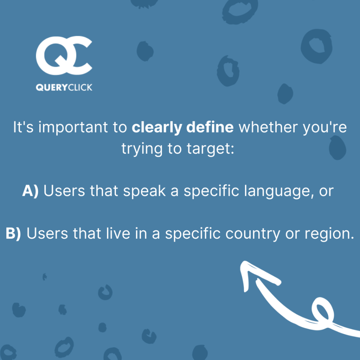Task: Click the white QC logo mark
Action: point(64,56)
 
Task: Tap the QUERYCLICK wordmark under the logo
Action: point(64,88)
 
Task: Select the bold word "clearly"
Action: point(157,127)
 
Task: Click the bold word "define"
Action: point(210,127)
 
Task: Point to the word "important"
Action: point(73,128)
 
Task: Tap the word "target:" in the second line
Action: point(210,149)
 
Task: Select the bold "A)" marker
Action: point(30,191)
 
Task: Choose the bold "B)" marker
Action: point(13,233)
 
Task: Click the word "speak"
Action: point(144,191)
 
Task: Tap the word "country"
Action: point(253,234)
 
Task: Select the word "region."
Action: point(329,234)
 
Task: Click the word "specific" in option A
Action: point(211,191)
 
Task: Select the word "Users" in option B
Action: point(47,233)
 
